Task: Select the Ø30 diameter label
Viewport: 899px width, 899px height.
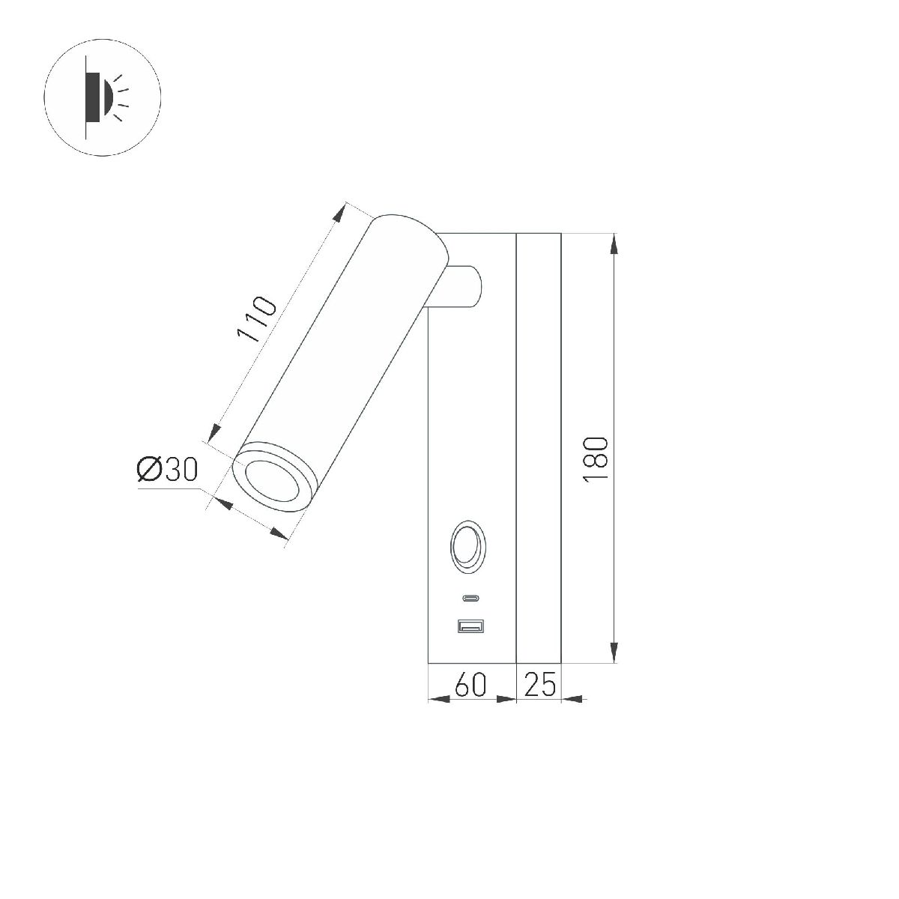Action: pyautogui.click(x=166, y=470)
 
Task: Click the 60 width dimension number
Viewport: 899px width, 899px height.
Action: pyautogui.click(x=470, y=685)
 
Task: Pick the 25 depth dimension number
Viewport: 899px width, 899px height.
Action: pyautogui.click(x=539, y=685)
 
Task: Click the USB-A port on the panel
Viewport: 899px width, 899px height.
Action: pyautogui.click(x=470, y=625)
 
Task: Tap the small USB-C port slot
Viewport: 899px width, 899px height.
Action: pyautogui.click(x=470, y=599)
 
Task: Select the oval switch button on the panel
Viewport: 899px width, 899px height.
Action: pyautogui.click(x=467, y=546)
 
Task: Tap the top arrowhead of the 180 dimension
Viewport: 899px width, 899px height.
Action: pyautogui.click(x=614, y=243)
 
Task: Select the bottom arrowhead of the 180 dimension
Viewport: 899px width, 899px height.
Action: pyautogui.click(x=614, y=653)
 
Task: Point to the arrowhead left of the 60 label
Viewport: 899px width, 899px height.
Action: pyautogui.click(x=438, y=700)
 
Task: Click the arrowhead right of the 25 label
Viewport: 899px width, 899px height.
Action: pyautogui.click(x=572, y=700)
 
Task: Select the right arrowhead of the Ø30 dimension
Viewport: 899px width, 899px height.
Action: pyautogui.click(x=279, y=533)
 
